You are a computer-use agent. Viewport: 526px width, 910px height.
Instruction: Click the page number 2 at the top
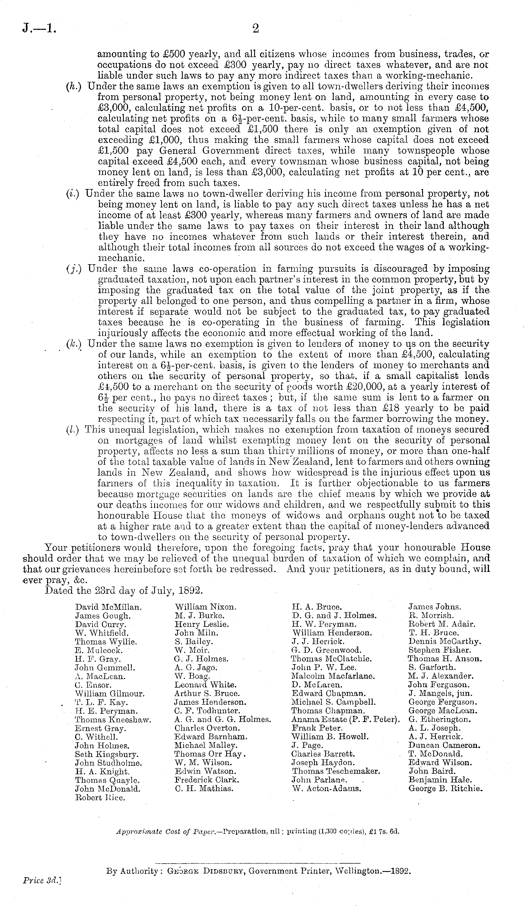pos(256,29)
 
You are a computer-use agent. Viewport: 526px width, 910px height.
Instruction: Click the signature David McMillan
pos(108,607)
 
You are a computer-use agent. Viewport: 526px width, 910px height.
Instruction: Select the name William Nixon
pos(206,607)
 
